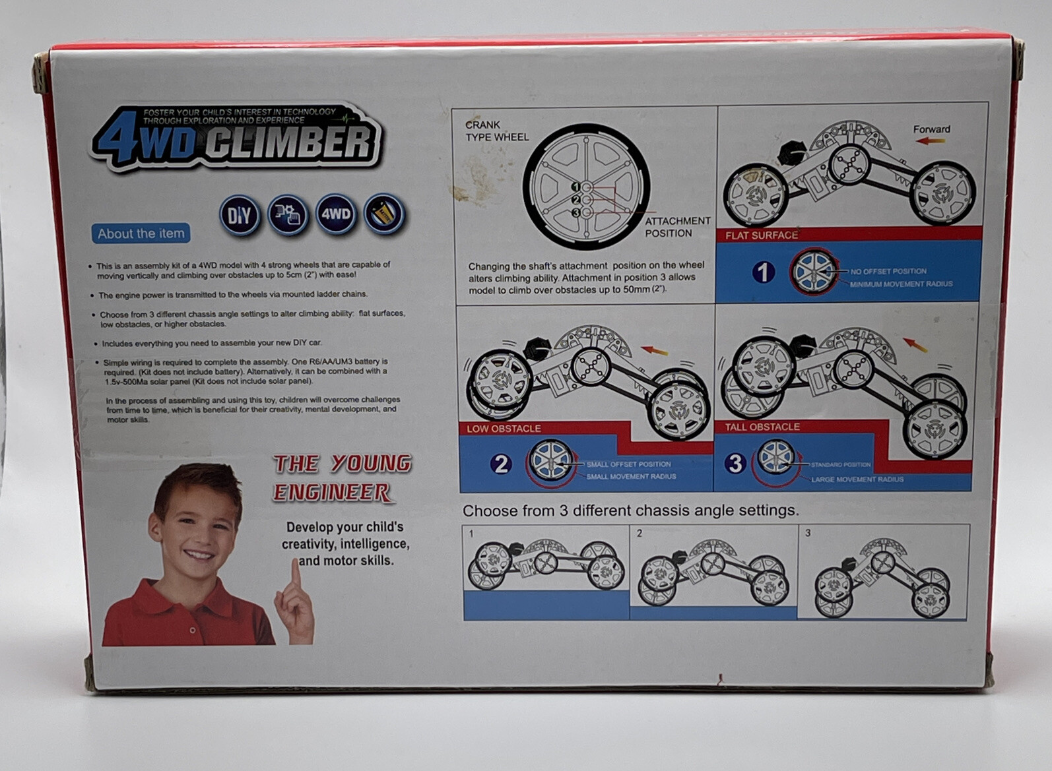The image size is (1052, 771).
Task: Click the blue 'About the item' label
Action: coord(141,233)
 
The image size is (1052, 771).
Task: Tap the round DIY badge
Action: coord(239,215)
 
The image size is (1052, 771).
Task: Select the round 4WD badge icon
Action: coord(336,214)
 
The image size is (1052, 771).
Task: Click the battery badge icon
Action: coord(384,214)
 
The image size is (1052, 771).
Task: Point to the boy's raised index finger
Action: coord(296,573)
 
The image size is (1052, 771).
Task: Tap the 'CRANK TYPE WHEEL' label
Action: coord(496,131)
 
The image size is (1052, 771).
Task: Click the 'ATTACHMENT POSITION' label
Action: coord(676,227)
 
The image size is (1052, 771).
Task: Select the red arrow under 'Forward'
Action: coord(931,140)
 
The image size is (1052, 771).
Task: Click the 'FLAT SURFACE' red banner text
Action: coord(762,235)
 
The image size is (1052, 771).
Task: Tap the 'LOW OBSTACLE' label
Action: coord(504,429)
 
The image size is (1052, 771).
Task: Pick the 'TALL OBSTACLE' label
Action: coord(762,427)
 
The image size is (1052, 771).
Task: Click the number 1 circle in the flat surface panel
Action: coord(764,272)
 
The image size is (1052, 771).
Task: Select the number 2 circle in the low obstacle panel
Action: coord(501,464)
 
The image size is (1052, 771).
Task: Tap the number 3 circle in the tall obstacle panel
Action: coord(735,464)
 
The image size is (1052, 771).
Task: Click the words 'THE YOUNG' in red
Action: coord(343,464)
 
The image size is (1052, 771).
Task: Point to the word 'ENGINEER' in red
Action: coord(332,492)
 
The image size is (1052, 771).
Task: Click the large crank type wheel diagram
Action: coord(586,186)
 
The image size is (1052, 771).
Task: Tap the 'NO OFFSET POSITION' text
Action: coord(888,271)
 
